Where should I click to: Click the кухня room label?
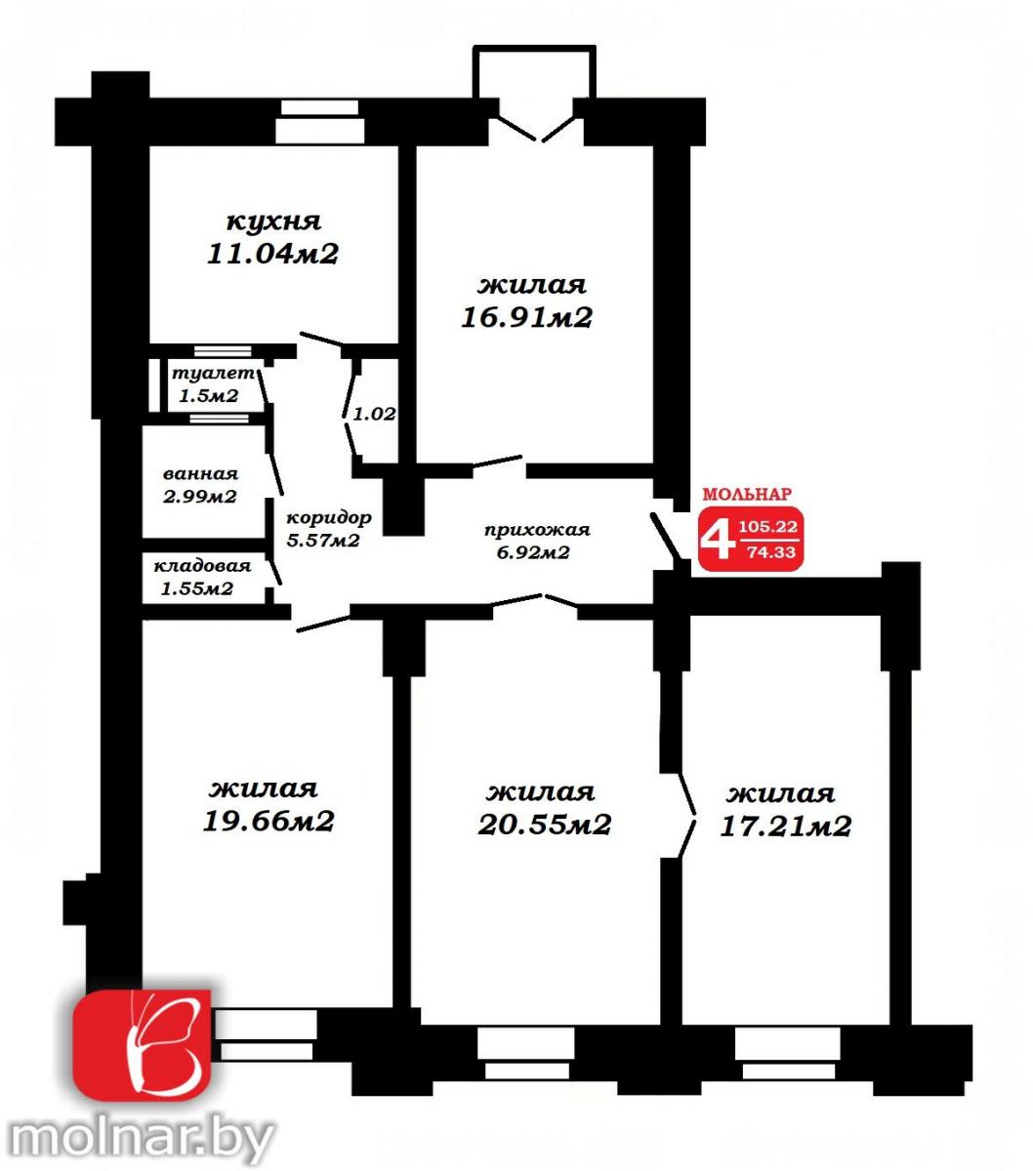pos(273,222)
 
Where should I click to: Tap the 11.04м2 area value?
pos(272,254)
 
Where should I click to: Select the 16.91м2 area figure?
pos(527,317)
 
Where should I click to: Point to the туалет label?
pos(213,374)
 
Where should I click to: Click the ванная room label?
pos(201,474)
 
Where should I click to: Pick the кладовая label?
pos(202,566)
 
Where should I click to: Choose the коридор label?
pos(329,517)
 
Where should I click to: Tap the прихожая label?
pos(537,530)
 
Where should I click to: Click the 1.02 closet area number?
pos(375,414)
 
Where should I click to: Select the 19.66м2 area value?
pos(269,822)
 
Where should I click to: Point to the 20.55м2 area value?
pos(544,825)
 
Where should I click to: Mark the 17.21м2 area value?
pos(785,827)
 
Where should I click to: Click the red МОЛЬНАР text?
pos(747,494)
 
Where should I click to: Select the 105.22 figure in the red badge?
pos(768,527)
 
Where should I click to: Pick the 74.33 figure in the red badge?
pos(771,552)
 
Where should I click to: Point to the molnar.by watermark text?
pos(143,1141)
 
